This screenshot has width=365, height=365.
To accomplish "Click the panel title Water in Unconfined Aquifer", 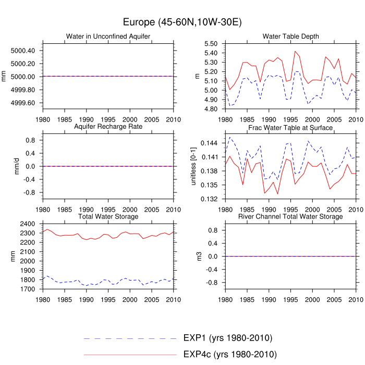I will click(x=108, y=36).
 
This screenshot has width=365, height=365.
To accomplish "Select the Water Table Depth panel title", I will click(x=290, y=36).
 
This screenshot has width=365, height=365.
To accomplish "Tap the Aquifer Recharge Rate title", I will click(x=108, y=127).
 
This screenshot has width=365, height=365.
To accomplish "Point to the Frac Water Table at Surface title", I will click(x=290, y=127).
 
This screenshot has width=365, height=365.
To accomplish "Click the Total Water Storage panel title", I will click(x=108, y=216).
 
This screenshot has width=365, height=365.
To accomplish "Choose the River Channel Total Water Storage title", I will click(x=290, y=216).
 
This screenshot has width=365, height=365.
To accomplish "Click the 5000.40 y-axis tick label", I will click(x=22, y=51).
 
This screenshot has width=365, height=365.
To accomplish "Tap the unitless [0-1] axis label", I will click(x=193, y=166).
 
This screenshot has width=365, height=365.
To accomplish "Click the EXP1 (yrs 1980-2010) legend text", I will click(x=228, y=338).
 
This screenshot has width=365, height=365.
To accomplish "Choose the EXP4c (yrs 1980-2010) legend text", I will click(x=230, y=355).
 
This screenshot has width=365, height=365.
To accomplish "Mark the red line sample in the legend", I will click(x=130, y=355).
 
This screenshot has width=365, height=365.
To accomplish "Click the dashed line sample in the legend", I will click(x=130, y=338).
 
